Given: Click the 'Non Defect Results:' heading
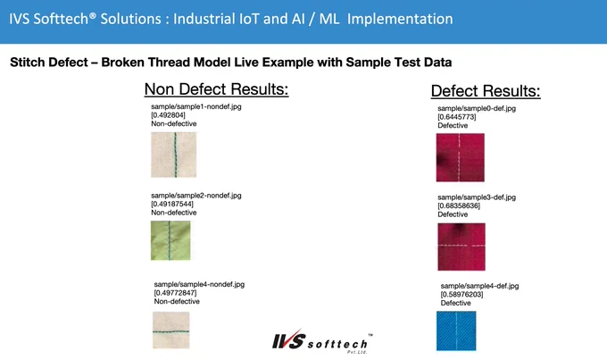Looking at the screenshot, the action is pyautogui.click(x=216, y=89).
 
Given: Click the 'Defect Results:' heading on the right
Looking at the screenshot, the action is pyautogui.click(x=486, y=91).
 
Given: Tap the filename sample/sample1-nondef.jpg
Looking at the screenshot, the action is pyautogui.click(x=196, y=106).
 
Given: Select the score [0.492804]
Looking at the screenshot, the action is pyautogui.click(x=168, y=115).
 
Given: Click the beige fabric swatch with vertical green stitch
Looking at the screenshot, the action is pyautogui.click(x=174, y=155).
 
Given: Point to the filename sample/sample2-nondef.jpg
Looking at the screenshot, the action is pyautogui.click(x=196, y=196).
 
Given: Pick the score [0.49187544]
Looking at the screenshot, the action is pyautogui.click(x=172, y=204).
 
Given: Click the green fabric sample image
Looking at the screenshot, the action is pyautogui.click(x=170, y=240).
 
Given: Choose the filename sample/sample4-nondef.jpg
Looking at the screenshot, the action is pyautogui.click(x=199, y=284).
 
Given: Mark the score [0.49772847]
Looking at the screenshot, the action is pyautogui.click(x=175, y=293).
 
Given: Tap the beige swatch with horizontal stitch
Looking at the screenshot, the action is pyautogui.click(x=171, y=330).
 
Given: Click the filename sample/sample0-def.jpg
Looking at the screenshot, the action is pyautogui.click(x=477, y=108).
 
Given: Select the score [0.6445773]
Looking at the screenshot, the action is pyautogui.click(x=457, y=117).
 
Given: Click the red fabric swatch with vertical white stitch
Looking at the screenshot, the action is pyautogui.click(x=461, y=157).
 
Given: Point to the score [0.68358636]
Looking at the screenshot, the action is pyautogui.click(x=459, y=205).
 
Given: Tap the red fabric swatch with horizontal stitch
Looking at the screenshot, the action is pyautogui.click(x=461, y=247).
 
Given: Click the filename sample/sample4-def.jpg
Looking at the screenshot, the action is pyautogui.click(x=479, y=286).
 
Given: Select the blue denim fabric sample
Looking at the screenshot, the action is pyautogui.click(x=456, y=331).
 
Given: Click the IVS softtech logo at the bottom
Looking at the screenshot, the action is pyautogui.click(x=322, y=341).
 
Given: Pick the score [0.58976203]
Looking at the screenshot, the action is pyautogui.click(x=461, y=295).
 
